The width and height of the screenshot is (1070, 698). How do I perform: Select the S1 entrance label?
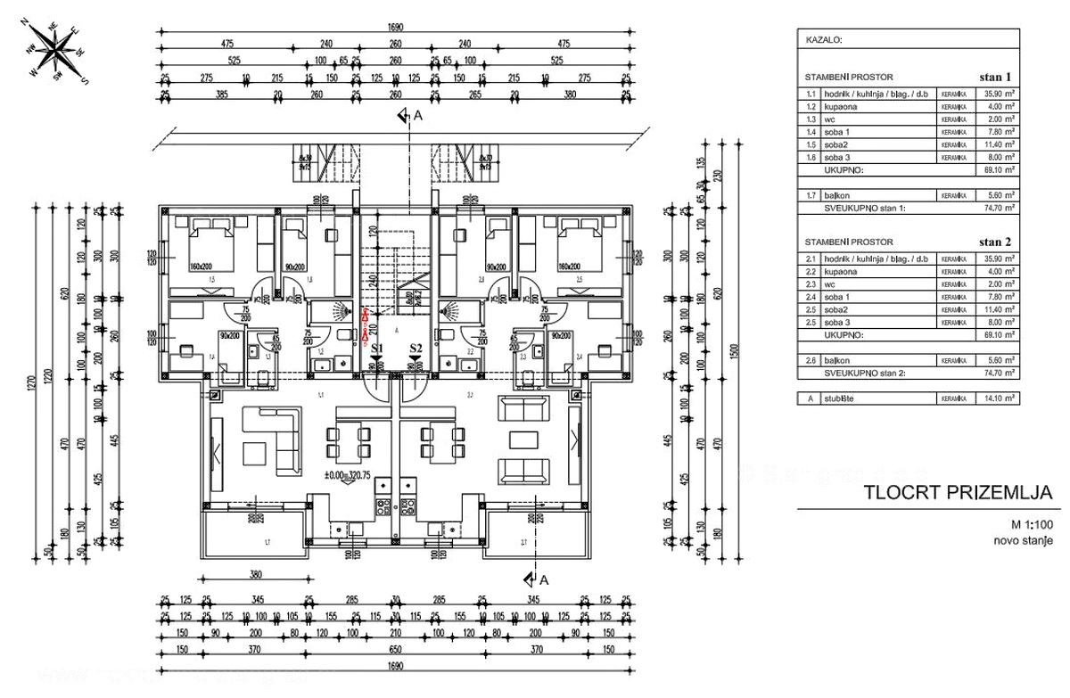(x=377, y=349)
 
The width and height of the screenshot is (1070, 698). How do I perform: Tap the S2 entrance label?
(x=416, y=349)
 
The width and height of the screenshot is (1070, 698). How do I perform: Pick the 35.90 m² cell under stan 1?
(x=997, y=93)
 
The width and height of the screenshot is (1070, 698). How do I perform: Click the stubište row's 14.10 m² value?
(x=997, y=399)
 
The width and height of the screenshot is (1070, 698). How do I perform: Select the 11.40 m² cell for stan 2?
(x=997, y=310)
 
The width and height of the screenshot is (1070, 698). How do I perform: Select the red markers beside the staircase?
(x=365, y=325)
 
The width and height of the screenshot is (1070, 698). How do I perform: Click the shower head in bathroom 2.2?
(x=451, y=311)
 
